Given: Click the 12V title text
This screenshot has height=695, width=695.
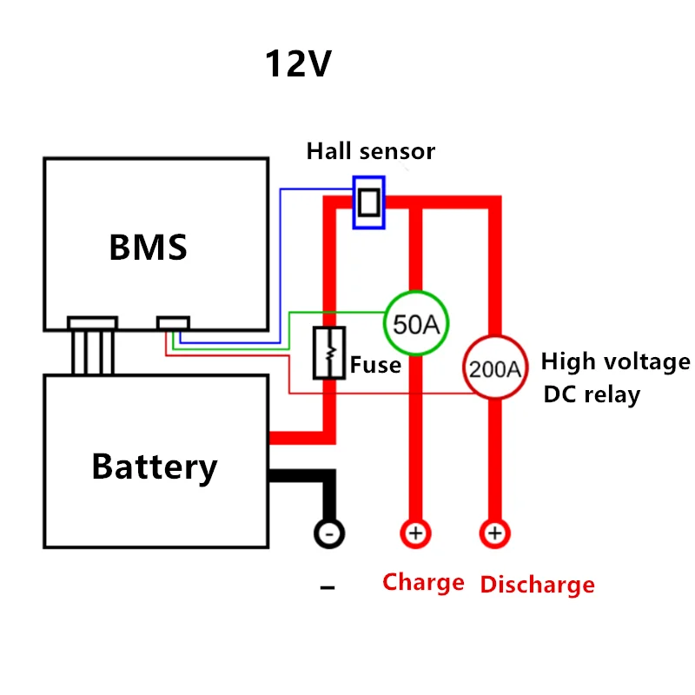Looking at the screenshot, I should pos(298,65).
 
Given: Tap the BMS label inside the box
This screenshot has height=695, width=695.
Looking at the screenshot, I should pos(148,248).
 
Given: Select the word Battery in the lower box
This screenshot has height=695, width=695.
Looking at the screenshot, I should pos(155,467).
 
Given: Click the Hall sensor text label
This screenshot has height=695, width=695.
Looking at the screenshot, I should pos(370,151).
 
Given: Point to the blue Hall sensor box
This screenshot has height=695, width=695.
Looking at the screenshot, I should pos(369,202).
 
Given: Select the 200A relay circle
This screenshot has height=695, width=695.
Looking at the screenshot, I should pos(495,368).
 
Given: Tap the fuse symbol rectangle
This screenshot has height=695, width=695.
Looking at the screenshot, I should pos(329,353).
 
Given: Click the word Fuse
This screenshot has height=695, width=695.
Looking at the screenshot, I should pos(375,365).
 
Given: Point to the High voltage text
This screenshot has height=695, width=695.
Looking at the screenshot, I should pos(615,361).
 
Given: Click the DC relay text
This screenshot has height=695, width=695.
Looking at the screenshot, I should pos(592,394).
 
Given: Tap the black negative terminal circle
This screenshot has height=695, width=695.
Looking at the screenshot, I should pos(329,533).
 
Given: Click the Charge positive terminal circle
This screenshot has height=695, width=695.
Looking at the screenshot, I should pos(415,533).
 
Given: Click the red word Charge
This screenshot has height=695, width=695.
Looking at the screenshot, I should pos(423,582).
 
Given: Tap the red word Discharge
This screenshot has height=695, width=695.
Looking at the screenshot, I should pos(537,585).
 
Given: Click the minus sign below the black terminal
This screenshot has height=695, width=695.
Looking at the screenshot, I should pos(328,589).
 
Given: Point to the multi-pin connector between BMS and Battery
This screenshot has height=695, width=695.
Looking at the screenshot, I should pos(92,346).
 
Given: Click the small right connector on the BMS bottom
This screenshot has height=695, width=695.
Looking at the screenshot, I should pos(174,323).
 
